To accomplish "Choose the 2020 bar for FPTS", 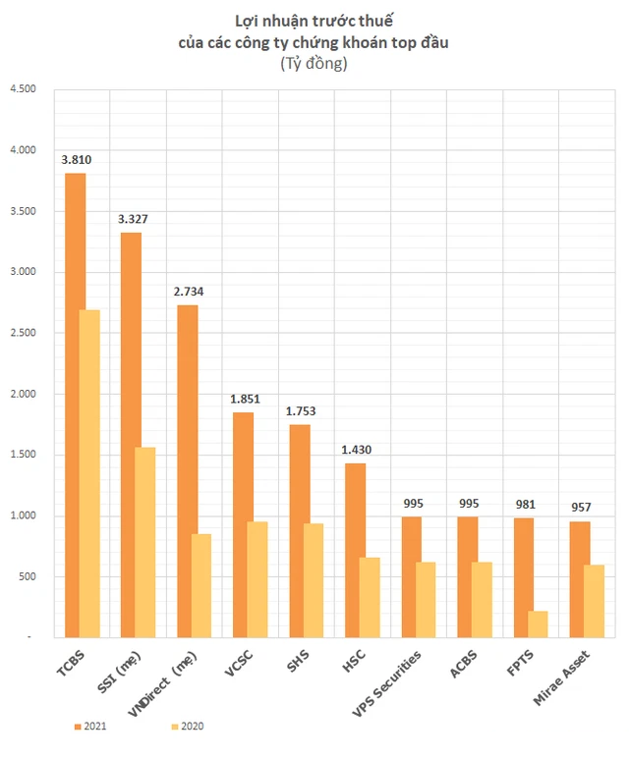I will (539, 623).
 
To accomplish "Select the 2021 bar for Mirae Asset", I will (581, 579).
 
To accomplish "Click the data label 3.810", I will (76, 158).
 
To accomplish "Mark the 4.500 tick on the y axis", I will (22, 89).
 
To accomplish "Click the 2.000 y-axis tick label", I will (22, 394).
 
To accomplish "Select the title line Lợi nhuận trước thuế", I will (314, 21).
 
